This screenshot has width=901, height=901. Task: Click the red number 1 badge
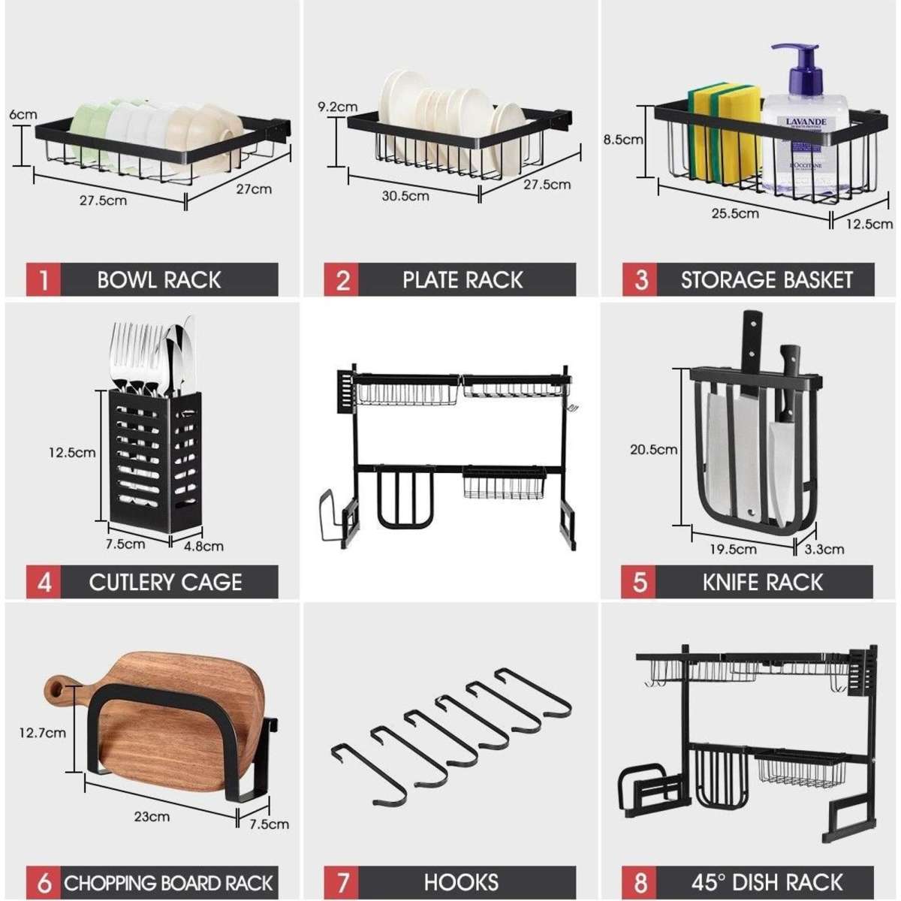pos(44,280)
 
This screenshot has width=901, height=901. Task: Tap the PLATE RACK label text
pos(463,280)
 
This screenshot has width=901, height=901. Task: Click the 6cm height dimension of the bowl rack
pos(23,115)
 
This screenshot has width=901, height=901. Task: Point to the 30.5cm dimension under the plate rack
pos(405,196)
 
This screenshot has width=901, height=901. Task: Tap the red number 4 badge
pos(44,583)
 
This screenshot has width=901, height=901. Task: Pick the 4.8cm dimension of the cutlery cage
pos(203,546)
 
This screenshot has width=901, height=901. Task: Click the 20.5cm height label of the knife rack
pos(653,450)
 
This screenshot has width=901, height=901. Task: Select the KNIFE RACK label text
pos(763,583)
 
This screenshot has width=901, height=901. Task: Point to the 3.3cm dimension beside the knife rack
pos(824,549)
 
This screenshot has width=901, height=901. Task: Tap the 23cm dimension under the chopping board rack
pos(152,816)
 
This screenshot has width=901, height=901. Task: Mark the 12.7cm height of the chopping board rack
pos(43,732)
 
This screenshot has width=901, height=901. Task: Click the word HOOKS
pos(461,882)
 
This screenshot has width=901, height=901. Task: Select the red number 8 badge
pos(640,882)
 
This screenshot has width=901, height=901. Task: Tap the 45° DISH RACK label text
pos(767,882)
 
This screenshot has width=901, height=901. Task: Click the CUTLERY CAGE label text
pos(165,583)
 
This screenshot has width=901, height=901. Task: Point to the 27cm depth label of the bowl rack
pos(254,188)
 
